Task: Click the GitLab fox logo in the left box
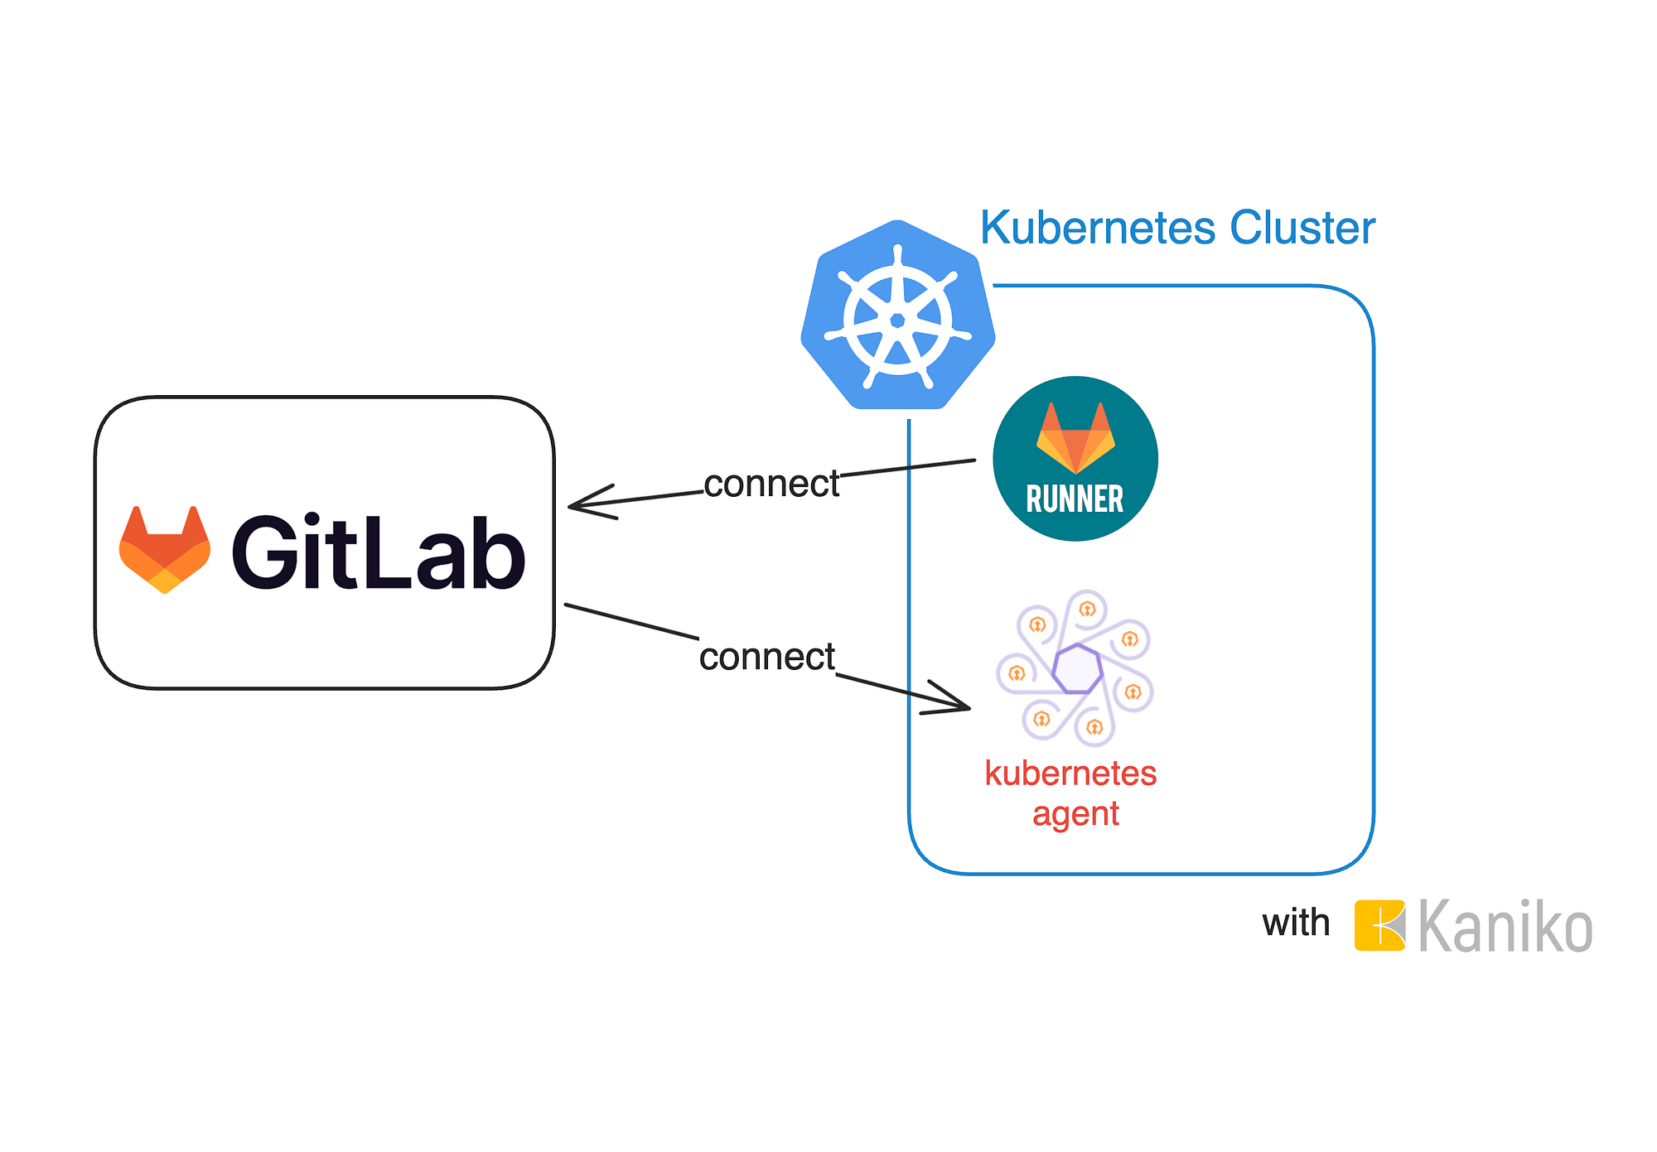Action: pyautogui.click(x=165, y=550)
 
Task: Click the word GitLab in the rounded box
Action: pyautogui.click(x=378, y=552)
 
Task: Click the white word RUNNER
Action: pyautogui.click(x=1075, y=499)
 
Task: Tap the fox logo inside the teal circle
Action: pyautogui.click(x=1075, y=437)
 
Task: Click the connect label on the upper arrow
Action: pyautogui.click(x=771, y=484)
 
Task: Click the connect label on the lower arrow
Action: pyautogui.click(x=766, y=657)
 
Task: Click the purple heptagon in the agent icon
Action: pyautogui.click(x=1077, y=668)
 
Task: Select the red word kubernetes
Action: pyautogui.click(x=1070, y=773)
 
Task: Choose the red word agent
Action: pyautogui.click(x=1075, y=814)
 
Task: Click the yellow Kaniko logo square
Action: pyautogui.click(x=1379, y=925)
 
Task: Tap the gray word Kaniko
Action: pyautogui.click(x=1505, y=927)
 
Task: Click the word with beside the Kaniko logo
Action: pyautogui.click(x=1296, y=923)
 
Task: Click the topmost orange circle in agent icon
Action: pyautogui.click(x=1087, y=610)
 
